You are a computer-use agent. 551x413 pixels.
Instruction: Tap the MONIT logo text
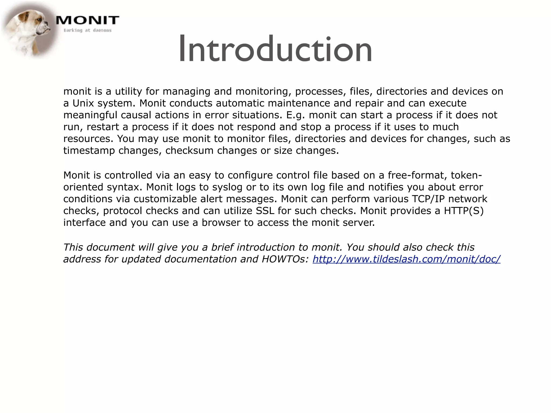coord(87,20)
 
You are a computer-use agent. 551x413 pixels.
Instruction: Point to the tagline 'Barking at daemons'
coord(87,30)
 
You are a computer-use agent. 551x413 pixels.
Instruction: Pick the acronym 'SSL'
coord(265,211)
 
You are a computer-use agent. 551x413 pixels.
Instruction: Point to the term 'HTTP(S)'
coord(464,211)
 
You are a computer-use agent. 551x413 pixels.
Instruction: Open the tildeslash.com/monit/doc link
coord(406,259)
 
